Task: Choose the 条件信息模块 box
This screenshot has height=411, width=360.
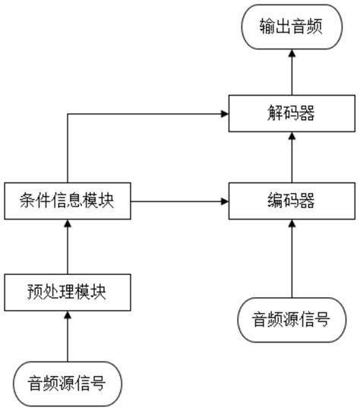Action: coord(67,201)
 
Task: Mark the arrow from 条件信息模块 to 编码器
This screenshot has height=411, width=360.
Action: coord(179,201)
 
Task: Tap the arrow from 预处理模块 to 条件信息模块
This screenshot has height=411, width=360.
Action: coord(67,245)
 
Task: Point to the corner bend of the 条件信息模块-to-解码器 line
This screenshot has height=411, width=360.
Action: coord(67,115)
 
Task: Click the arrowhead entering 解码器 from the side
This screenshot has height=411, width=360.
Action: coord(225,115)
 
